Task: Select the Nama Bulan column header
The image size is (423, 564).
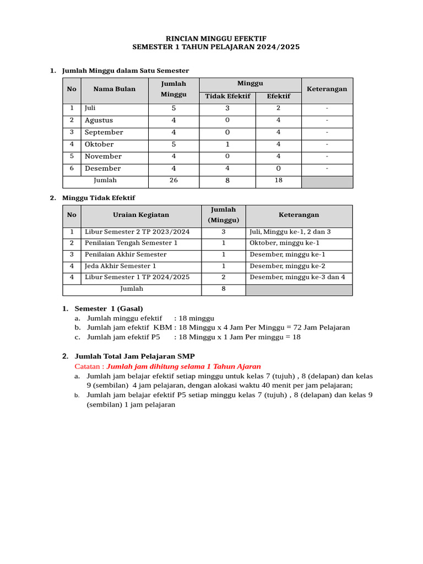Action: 114,89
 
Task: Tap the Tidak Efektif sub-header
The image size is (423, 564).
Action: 227,96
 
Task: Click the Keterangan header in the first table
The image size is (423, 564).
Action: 327,89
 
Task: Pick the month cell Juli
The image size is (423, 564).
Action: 90,108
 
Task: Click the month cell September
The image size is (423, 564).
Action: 104,132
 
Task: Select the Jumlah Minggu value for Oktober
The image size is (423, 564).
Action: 173,144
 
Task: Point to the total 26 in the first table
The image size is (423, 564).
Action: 173,181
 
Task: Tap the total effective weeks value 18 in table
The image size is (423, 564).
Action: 278,181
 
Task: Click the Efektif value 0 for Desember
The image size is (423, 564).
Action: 278,169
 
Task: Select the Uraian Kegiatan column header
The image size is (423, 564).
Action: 141,215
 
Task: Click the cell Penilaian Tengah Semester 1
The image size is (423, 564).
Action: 131,243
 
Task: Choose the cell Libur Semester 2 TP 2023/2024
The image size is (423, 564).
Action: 137,232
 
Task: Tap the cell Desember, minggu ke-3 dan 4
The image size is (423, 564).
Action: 297,277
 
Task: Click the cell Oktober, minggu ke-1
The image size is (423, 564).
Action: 284,243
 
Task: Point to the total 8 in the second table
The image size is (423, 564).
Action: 223,289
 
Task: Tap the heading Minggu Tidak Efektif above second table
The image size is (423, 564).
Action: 99,198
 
